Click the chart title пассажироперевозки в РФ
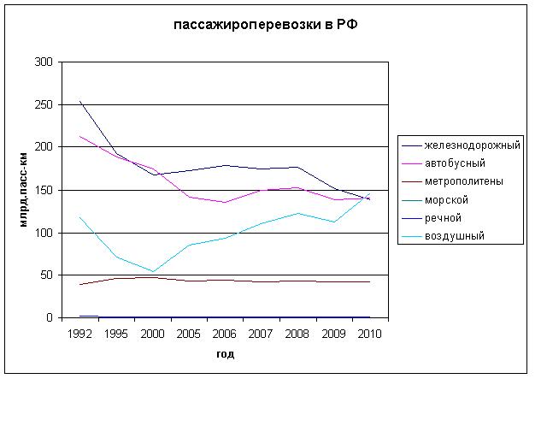pyautogui.click(x=267, y=25)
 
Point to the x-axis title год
pyautogui.click(x=225, y=353)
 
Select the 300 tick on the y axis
pyautogui.click(x=44, y=62)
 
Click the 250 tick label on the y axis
pyautogui.click(x=44, y=105)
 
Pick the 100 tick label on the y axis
pyautogui.click(x=44, y=233)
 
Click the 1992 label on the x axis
pyautogui.click(x=79, y=334)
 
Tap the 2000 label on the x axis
pyautogui.click(x=152, y=334)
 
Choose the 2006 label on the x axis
pyautogui.click(x=225, y=334)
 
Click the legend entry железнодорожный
pyautogui.click(x=472, y=145)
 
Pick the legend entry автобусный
pyautogui.click(x=456, y=163)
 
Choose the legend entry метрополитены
pyautogui.click(x=463, y=181)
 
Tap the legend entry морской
pyautogui.click(x=446, y=199)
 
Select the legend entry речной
pyautogui.click(x=443, y=217)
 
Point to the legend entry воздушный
pyautogui.click(x=454, y=235)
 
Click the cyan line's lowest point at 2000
pyautogui.click(x=153, y=272)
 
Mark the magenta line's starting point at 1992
pyautogui.click(x=79, y=136)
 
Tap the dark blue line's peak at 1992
pyautogui.click(x=79, y=101)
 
